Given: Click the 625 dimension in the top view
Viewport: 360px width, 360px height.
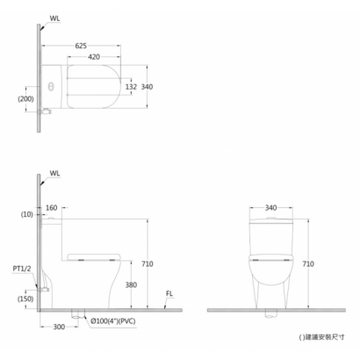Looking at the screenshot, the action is [x=81, y=46].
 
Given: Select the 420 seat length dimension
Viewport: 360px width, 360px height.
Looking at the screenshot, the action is [x=94, y=57].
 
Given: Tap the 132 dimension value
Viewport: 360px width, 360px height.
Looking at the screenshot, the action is [x=131, y=87].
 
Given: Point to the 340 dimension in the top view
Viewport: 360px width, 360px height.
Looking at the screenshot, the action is [x=147, y=87].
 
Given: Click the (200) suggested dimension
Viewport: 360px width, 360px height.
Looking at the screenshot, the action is [x=25, y=99].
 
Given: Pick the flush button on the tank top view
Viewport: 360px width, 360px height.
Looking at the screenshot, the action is [x=51, y=87].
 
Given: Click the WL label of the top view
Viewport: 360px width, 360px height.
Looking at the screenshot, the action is [x=54, y=18].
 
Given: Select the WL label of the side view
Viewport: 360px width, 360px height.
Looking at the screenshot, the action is [x=54, y=173].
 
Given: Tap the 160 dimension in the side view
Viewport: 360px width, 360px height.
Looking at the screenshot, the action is [x=52, y=208].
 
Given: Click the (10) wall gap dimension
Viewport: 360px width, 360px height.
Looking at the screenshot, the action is [x=27, y=214].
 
